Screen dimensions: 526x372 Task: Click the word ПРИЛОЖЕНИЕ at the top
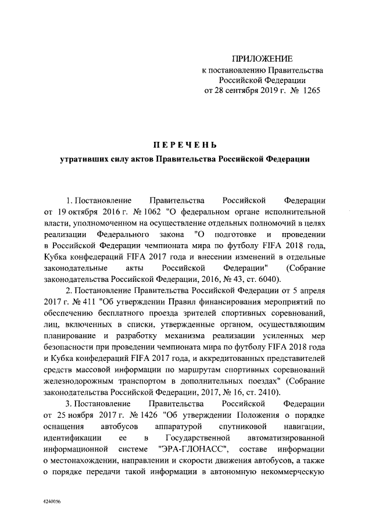tap(263, 59)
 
